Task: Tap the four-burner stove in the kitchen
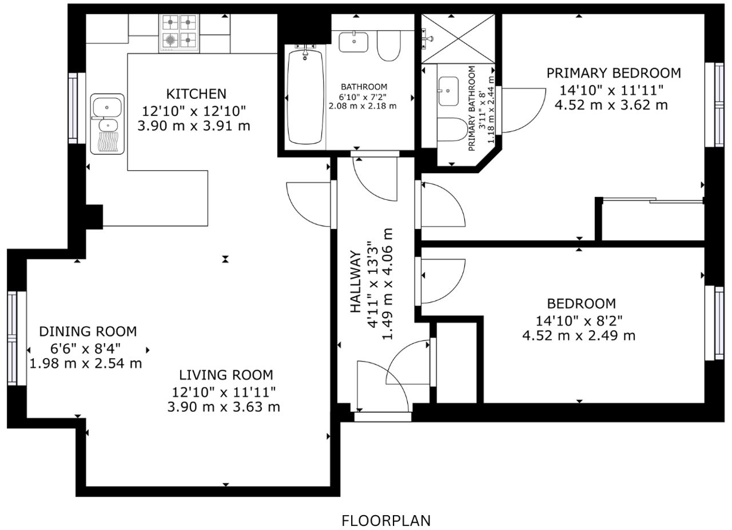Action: (179, 31)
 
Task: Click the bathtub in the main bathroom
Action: (305, 97)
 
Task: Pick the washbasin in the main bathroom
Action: (353, 42)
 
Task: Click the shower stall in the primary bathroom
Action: (457, 38)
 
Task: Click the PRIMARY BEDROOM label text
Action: (613, 73)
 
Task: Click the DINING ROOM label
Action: (87, 331)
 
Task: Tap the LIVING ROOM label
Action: (226, 375)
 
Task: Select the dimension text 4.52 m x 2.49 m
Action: (579, 335)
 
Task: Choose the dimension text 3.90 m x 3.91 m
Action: (194, 126)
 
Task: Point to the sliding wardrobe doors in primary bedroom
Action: (652, 200)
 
